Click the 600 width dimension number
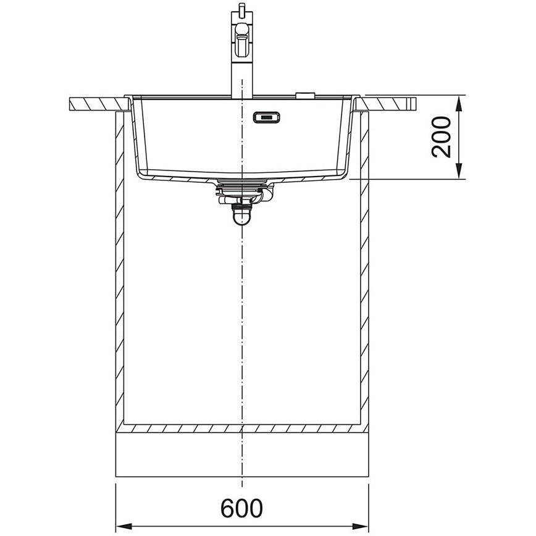pyautogui.click(x=241, y=508)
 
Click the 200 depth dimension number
pyautogui.click(x=442, y=137)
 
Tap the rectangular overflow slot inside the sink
pyautogui.click(x=266, y=117)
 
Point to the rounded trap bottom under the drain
pyautogui.click(x=241, y=218)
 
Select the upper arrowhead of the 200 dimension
pyautogui.click(x=459, y=103)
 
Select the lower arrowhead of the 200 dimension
pyautogui.click(x=459, y=170)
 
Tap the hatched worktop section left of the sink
pyautogui.click(x=99, y=104)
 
